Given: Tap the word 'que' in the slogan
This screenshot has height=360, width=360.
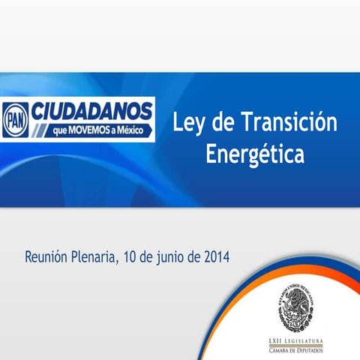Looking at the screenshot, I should click(x=61, y=130).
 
